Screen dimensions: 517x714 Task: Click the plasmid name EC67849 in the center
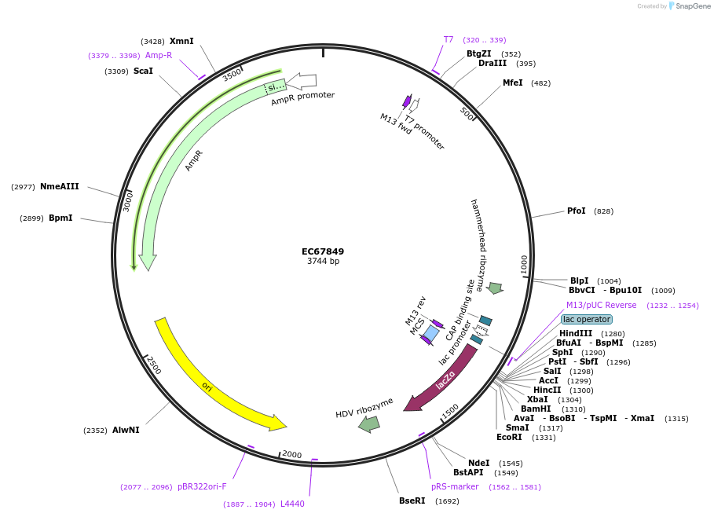[323, 252]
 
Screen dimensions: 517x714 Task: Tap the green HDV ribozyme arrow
[368, 423]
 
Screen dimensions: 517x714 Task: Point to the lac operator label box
[586, 319]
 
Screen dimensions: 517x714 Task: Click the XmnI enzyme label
[181, 41]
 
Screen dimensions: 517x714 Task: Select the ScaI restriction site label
[143, 71]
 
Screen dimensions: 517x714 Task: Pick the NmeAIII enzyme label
[60, 186]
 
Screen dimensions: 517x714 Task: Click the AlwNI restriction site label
[126, 430]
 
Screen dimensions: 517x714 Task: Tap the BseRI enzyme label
[412, 500]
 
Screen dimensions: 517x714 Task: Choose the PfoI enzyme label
[577, 211]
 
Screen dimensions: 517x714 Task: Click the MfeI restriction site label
[512, 82]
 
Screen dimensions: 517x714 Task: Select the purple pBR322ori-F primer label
[202, 486]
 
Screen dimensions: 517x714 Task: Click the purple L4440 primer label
[292, 504]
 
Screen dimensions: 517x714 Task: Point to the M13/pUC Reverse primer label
[601, 305]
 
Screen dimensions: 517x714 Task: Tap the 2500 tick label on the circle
[154, 365]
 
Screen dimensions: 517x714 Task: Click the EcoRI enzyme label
[509, 437]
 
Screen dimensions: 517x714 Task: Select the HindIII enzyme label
[576, 333]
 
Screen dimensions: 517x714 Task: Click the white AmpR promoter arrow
[302, 80]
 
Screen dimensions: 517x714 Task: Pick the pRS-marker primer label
[455, 486]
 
